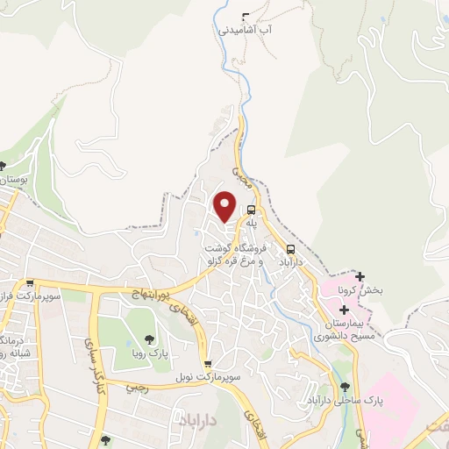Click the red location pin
click(225, 205)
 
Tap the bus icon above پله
click(252, 210)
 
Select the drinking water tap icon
click(245, 16)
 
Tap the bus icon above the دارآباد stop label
click(290, 248)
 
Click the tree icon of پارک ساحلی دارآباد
click(344, 387)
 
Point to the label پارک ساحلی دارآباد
click(336, 400)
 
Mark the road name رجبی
click(136, 385)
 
